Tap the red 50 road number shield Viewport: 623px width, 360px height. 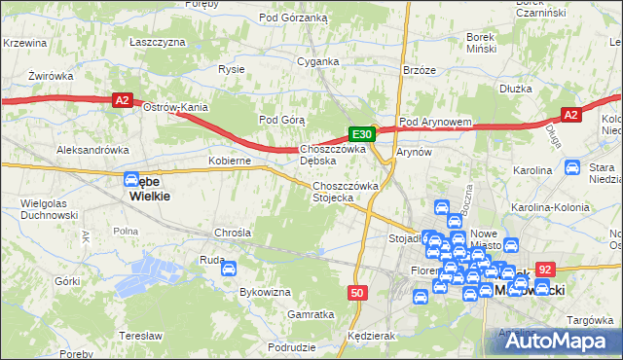358,293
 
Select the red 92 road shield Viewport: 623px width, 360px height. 545,270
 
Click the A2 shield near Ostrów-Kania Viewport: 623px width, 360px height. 122,99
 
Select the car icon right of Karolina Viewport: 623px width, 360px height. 572,167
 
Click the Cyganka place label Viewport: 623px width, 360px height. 317,61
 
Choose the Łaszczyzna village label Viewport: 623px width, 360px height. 157,43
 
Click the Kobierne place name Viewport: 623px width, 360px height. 231,161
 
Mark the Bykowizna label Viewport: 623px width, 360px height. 266,292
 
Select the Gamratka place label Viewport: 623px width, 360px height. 311,314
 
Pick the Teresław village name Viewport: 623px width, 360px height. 139,335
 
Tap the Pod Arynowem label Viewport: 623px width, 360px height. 435,122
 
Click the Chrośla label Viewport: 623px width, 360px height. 233,234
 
